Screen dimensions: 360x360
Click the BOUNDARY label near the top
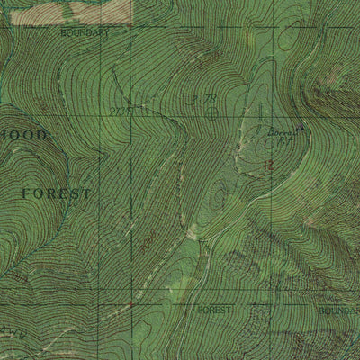point(85,32)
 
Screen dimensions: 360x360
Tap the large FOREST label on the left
point(56,193)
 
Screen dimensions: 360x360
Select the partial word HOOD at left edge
point(22,134)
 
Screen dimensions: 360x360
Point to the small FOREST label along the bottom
point(215,309)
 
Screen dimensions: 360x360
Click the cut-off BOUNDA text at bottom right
point(342,310)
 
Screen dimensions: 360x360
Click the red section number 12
point(267,164)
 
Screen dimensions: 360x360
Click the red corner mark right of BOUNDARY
point(131,26)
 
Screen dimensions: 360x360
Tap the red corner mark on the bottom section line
point(131,304)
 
